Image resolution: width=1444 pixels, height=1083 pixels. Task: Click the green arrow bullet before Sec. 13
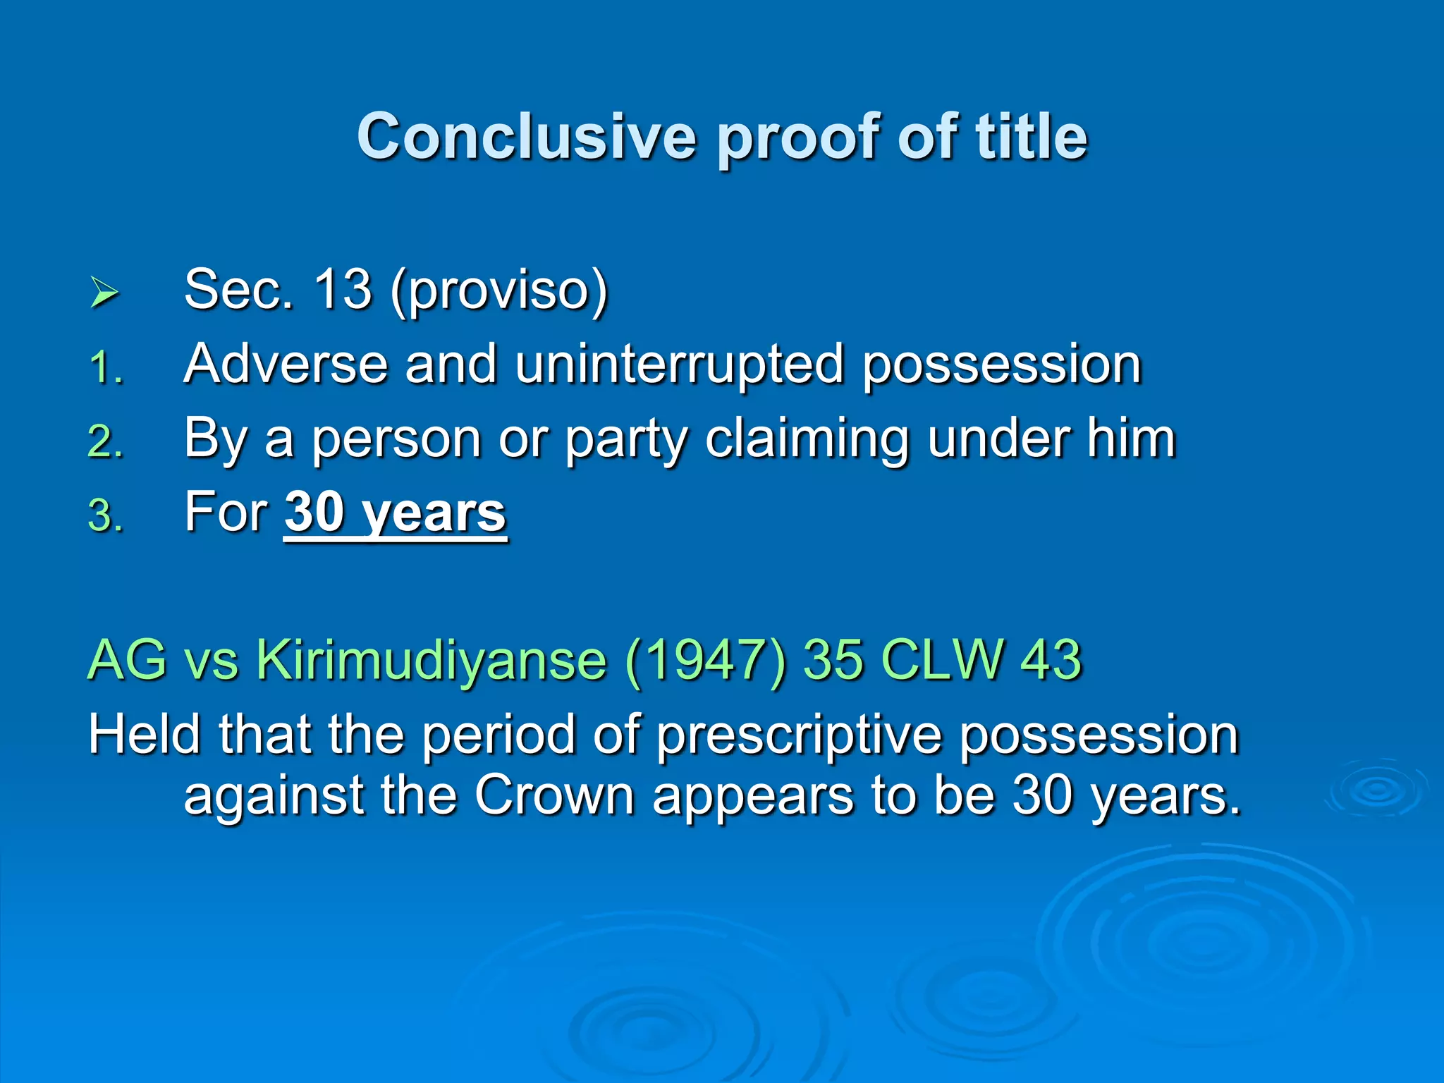tap(104, 293)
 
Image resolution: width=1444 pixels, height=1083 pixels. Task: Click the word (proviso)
tap(498, 290)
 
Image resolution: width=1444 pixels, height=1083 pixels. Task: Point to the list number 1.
tap(106, 369)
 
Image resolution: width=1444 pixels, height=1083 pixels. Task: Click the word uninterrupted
tap(679, 365)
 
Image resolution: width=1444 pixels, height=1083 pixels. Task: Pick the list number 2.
tap(106, 443)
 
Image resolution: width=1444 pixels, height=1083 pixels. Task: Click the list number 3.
tap(106, 516)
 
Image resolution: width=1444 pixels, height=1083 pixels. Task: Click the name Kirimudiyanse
tap(431, 661)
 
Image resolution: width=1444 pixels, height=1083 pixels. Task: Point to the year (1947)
tap(704, 661)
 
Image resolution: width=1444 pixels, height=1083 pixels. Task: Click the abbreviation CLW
tap(942, 660)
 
